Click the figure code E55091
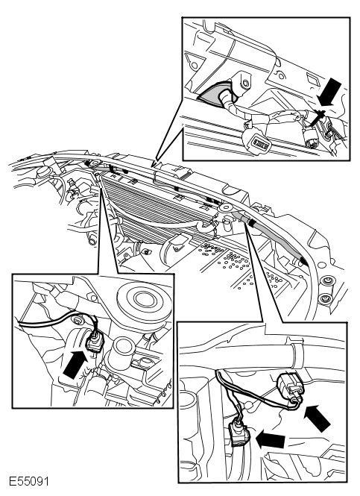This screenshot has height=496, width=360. point(29,481)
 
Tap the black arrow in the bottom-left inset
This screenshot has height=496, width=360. point(75,364)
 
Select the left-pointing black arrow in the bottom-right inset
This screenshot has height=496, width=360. point(271,439)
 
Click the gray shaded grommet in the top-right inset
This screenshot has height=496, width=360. point(212,93)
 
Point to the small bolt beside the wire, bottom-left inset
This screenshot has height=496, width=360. point(77,321)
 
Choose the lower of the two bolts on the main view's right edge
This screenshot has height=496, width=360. point(324,298)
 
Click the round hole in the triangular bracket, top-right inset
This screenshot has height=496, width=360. point(195,66)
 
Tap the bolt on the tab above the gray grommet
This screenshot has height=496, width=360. point(245,83)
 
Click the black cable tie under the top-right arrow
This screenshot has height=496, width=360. point(317,116)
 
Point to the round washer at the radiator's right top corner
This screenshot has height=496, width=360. point(225,207)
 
